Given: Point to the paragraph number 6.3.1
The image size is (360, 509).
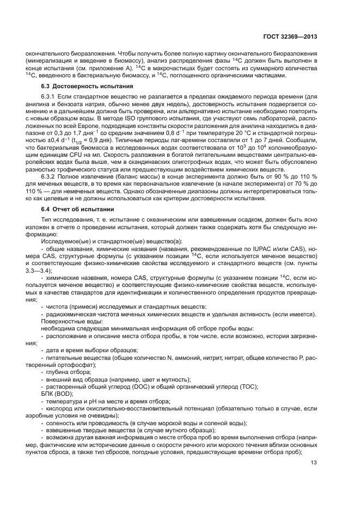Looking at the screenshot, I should [50, 96].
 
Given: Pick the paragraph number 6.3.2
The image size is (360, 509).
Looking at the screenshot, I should [50, 177].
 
